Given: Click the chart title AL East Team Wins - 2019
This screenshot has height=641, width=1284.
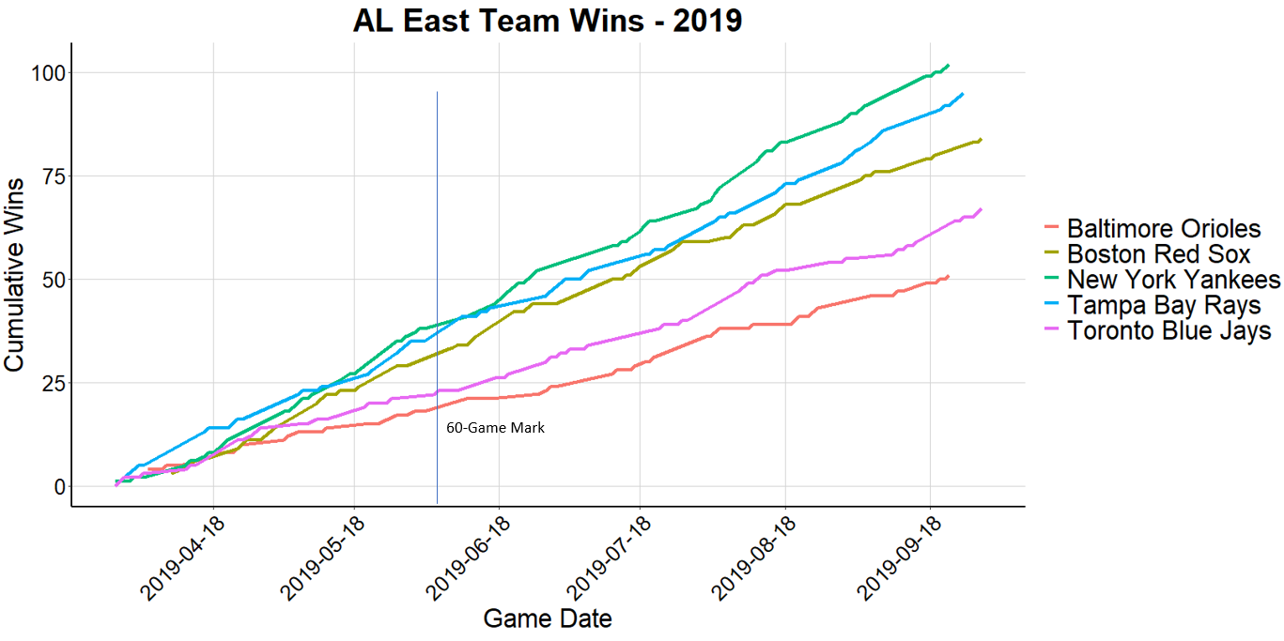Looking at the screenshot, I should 548,21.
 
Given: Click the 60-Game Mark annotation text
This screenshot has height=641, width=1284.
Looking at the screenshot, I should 495,428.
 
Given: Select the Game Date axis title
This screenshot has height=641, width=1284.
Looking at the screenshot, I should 547,618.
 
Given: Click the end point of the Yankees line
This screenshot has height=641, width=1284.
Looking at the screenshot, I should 949,66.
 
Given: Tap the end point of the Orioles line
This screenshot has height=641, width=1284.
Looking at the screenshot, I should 949,276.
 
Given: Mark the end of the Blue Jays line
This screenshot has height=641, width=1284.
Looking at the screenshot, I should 981,209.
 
